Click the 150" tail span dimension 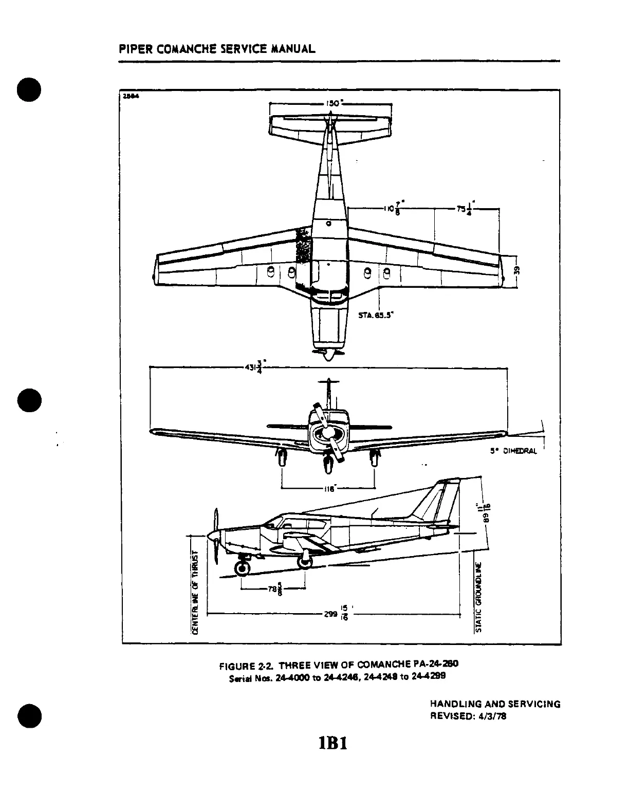(332, 103)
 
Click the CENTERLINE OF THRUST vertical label (195, 591)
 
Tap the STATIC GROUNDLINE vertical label (478, 596)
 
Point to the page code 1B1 (332, 743)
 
